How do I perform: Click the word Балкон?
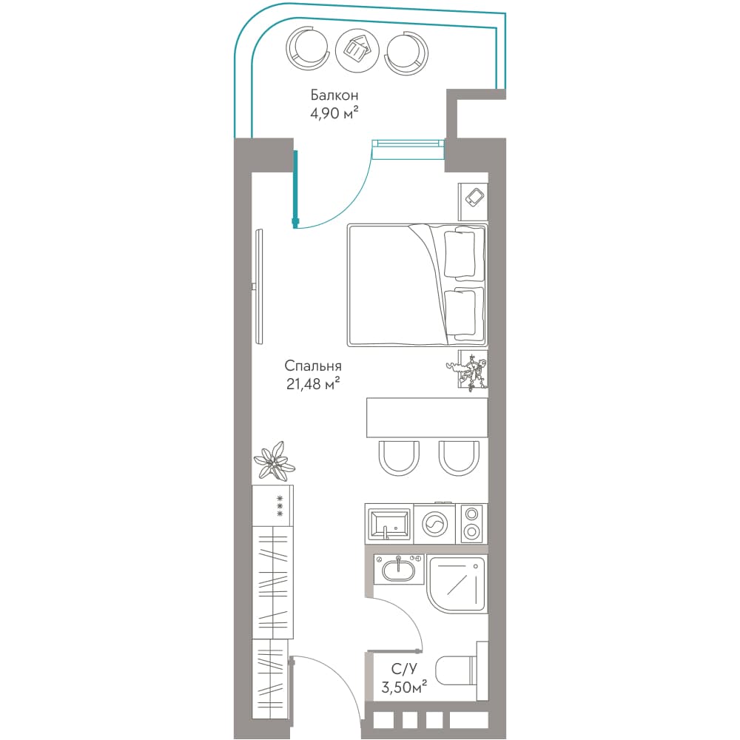point(334,95)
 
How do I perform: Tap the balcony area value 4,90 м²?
point(334,113)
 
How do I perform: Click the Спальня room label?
point(313,366)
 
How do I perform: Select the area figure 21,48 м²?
point(313,384)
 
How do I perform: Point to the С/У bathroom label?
point(404,669)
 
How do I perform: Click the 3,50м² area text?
point(404,687)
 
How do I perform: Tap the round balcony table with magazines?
point(357,50)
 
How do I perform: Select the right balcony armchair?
point(407,53)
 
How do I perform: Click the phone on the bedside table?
point(475,198)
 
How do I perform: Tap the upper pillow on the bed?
point(460,253)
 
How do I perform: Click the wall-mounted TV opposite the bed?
point(258,286)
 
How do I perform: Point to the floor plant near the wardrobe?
point(275,461)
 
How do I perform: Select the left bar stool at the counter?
point(398,458)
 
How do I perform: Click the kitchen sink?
point(389,523)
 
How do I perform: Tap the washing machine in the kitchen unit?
point(435,523)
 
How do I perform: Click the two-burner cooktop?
point(471,523)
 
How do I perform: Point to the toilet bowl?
point(454,670)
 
